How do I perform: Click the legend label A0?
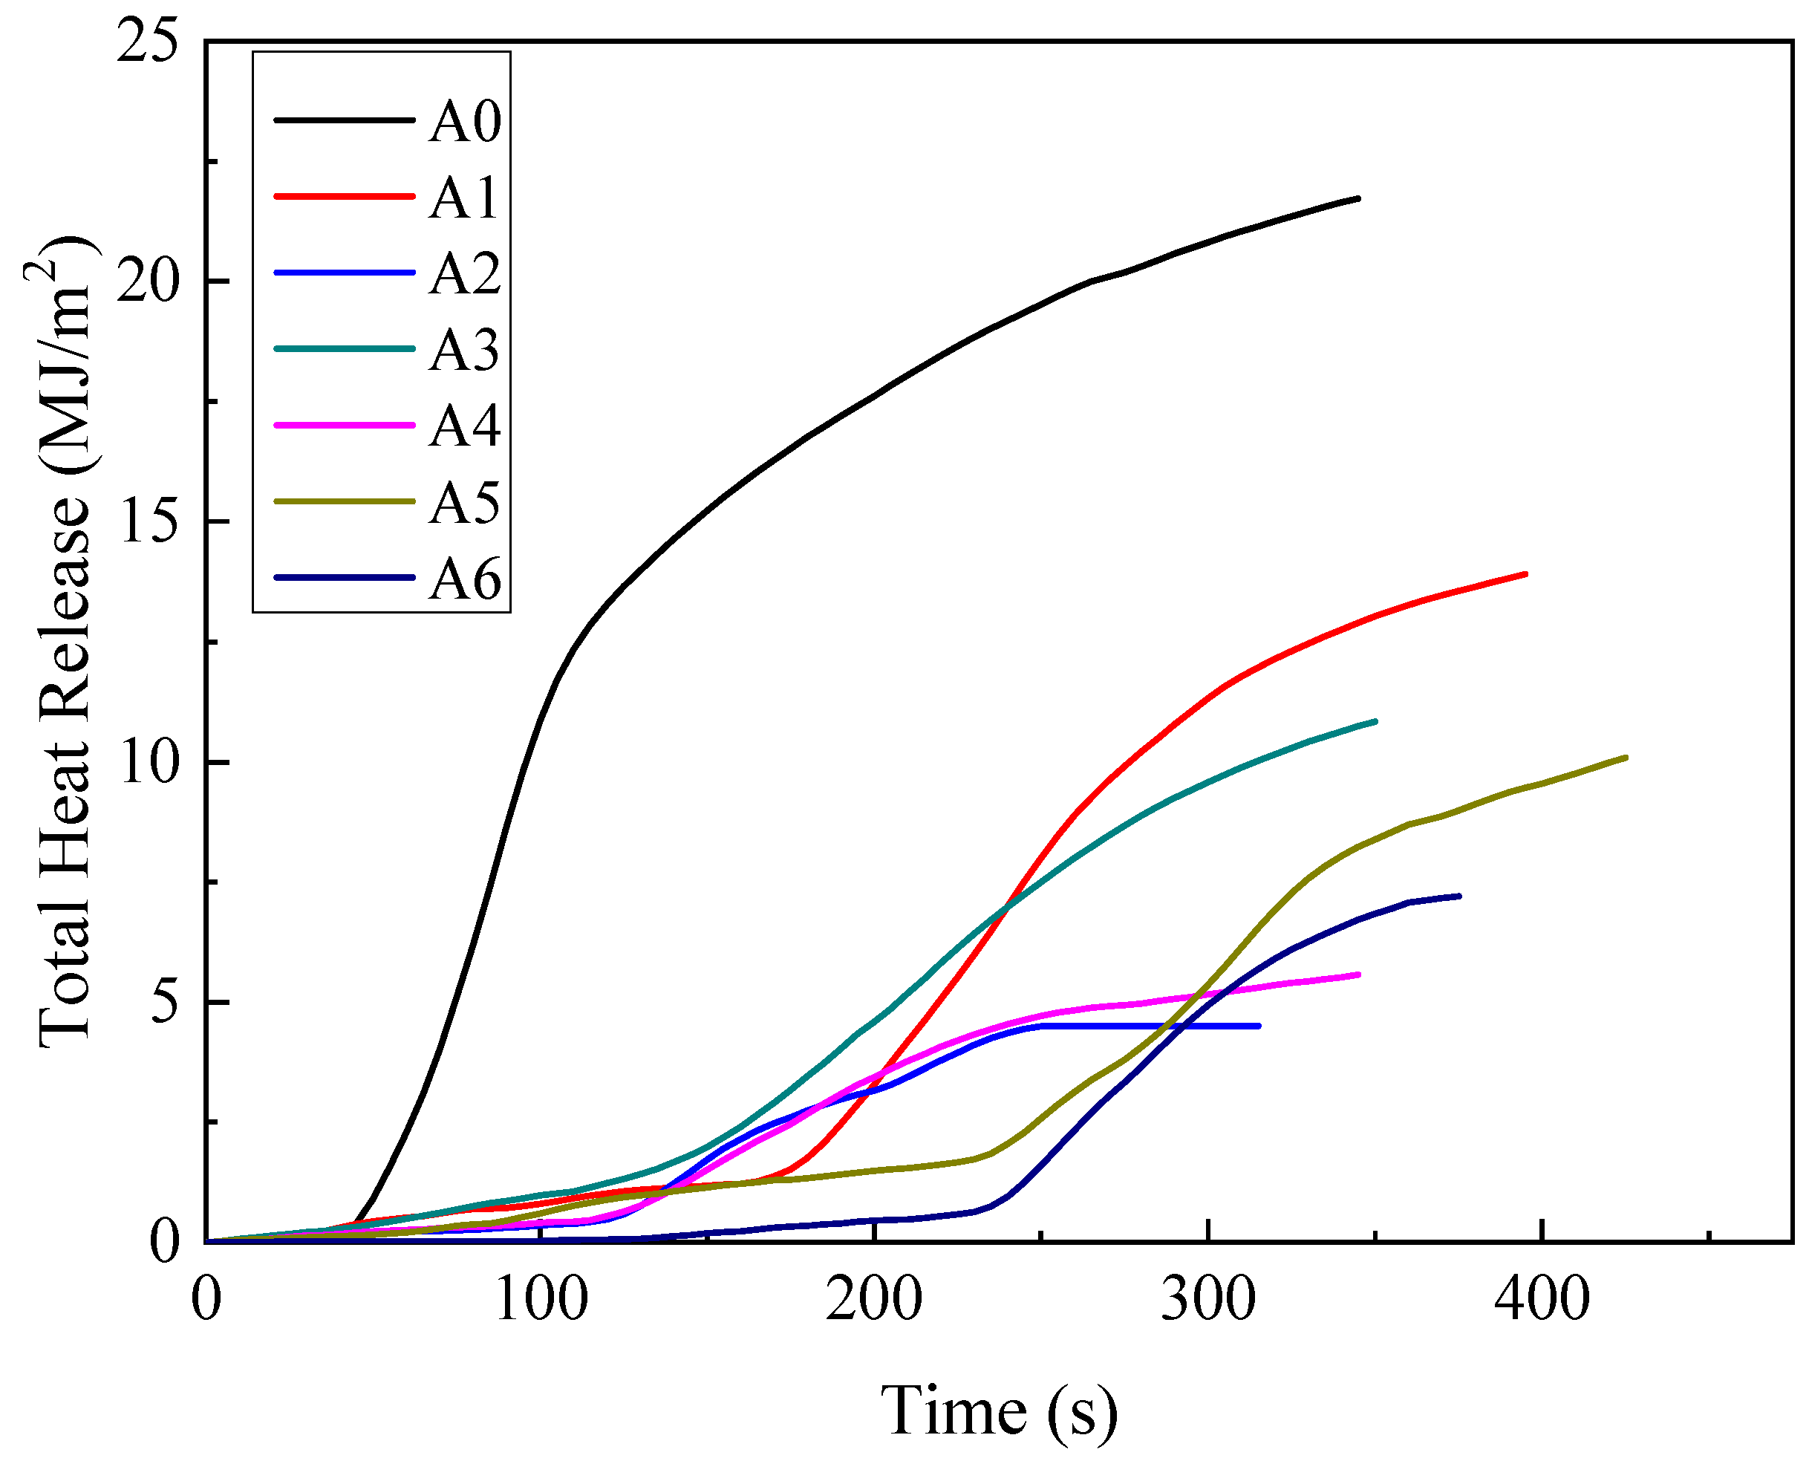464,121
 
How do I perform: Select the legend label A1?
464,198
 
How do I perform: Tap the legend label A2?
464,273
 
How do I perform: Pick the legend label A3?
464,350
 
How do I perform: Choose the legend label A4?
464,426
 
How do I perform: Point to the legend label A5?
464,504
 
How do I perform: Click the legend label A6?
464,579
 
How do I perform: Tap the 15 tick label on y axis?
148,521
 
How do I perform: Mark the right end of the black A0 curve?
1358,198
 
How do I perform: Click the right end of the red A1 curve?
1525,574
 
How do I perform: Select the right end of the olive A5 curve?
1626,758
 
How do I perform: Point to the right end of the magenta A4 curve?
1359,974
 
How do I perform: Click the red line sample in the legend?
345,196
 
